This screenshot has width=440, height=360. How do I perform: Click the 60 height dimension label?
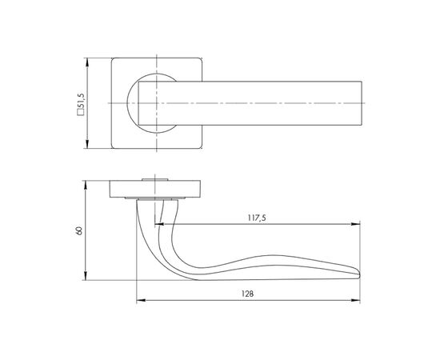pos(79,230)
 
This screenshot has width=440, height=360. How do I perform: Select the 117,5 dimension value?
pos(257,218)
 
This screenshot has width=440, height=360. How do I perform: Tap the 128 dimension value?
pos(247,294)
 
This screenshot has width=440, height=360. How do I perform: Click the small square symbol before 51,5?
pos(81,113)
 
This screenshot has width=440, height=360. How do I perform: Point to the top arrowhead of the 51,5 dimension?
pos(87,62)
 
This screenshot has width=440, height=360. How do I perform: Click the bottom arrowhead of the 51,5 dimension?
pos(87,144)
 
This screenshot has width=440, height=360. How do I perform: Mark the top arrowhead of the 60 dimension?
pos(86,185)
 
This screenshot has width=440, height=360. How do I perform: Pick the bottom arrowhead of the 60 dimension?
pos(86,275)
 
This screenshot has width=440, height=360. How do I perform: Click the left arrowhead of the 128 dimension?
pos(141,301)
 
